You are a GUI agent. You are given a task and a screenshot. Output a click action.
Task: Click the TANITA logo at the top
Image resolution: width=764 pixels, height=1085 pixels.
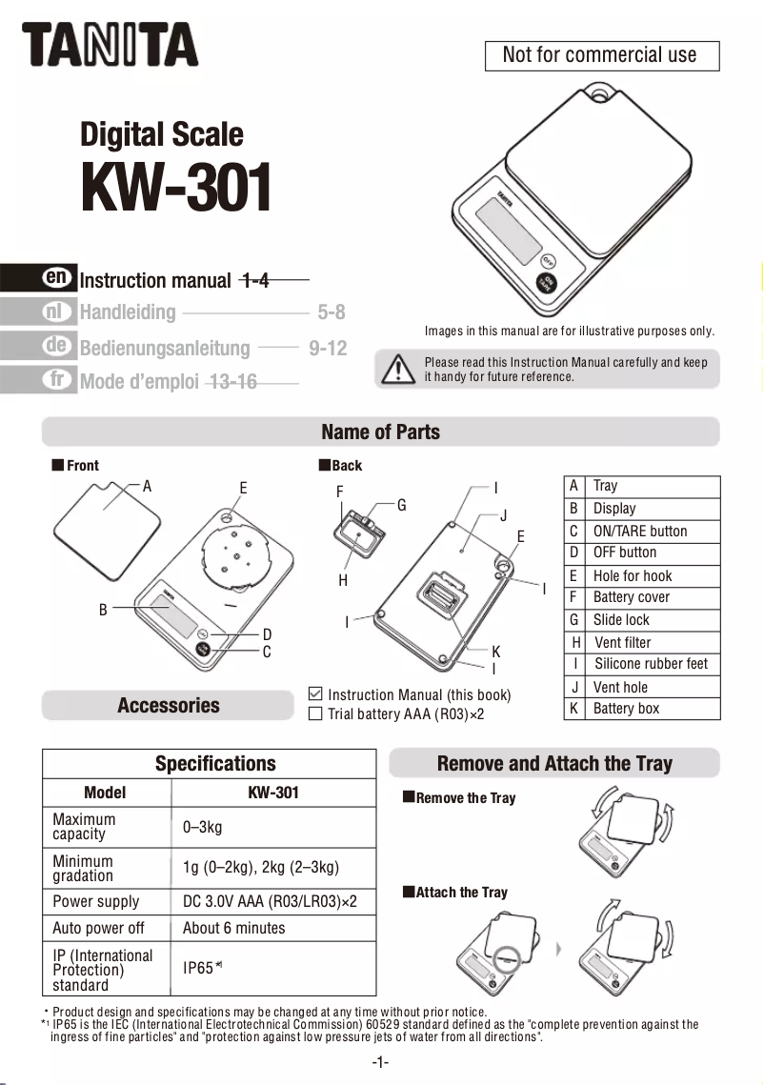[110, 45]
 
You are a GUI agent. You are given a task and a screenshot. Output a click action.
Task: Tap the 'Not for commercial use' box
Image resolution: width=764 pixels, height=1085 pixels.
[599, 55]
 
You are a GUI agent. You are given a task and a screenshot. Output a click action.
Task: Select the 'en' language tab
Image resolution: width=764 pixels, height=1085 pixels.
[57, 277]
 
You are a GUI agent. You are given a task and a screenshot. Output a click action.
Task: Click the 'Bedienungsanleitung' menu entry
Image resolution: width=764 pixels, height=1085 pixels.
[165, 349]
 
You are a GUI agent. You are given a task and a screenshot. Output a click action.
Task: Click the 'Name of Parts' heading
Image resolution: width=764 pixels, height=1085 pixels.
[380, 432]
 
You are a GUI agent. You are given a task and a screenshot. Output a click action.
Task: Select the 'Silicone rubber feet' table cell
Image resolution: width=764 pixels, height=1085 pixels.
[651, 664]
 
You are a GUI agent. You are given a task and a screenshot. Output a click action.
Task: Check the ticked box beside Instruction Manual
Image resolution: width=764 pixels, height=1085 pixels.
[316, 694]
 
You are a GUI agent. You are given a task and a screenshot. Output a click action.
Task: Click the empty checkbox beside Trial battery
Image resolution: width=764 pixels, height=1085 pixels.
[316, 713]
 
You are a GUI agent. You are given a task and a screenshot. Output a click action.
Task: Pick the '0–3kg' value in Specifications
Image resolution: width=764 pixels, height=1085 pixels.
[202, 827]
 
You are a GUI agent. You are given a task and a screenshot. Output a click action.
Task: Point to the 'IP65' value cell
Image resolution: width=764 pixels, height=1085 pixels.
[200, 968]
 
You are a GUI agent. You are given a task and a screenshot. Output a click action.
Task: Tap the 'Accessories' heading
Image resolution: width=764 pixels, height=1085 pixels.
[168, 706]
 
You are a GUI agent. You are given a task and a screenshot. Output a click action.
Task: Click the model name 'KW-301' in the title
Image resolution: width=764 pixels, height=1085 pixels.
[176, 189]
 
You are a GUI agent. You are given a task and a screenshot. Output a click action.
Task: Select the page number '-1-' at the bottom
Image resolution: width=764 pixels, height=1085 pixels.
[380, 1062]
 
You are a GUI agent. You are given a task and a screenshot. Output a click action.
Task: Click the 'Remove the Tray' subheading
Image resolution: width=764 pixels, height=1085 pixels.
[465, 798]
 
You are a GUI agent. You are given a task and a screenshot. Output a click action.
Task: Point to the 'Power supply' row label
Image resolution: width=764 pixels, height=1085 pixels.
[95, 901]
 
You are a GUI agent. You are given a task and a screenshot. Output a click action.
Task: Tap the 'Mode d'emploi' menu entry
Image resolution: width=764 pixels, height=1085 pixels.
[139, 383]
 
